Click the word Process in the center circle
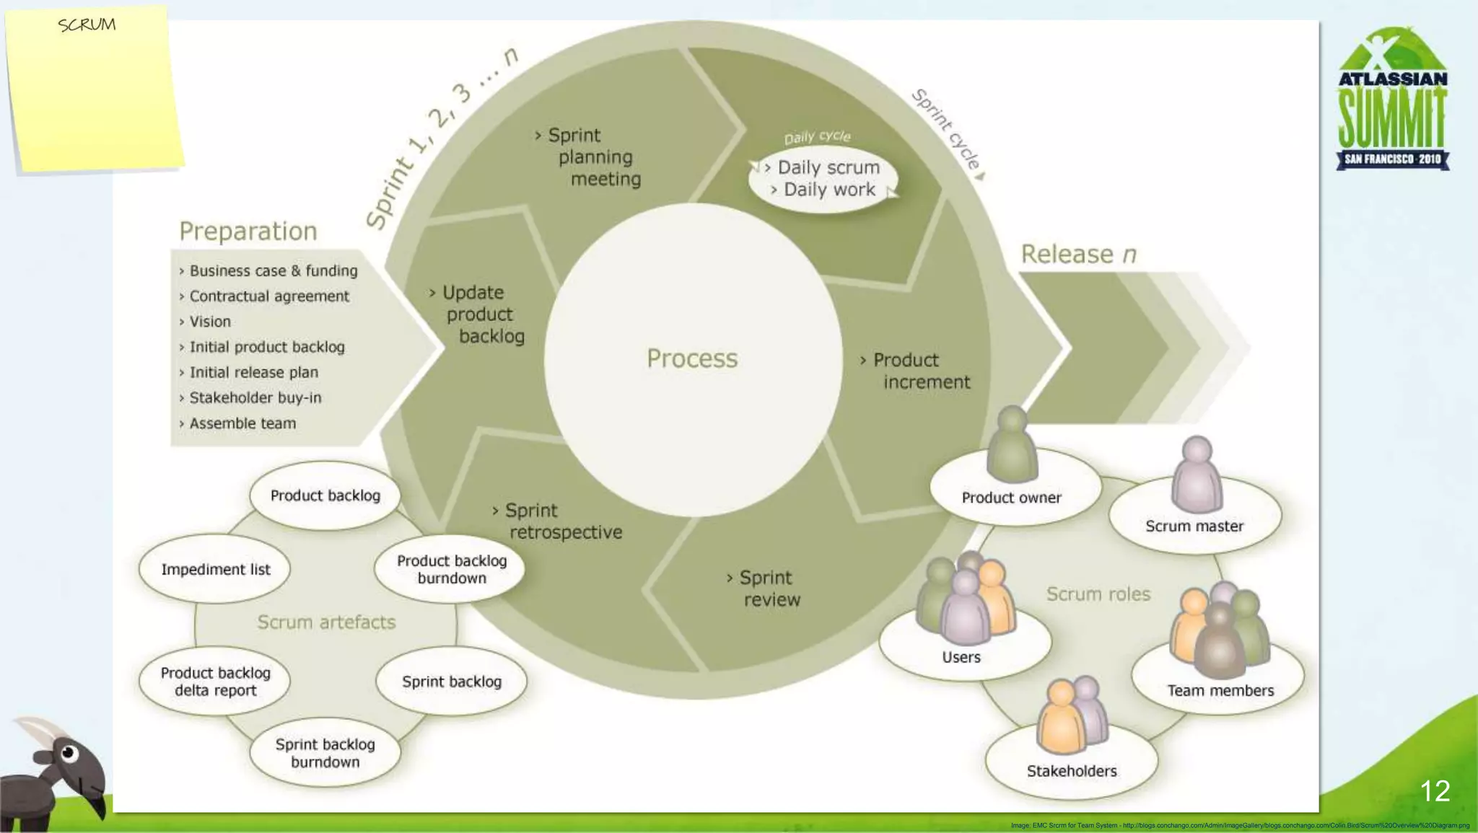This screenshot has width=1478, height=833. [x=691, y=358]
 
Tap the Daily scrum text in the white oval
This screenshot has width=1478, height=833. [x=828, y=167]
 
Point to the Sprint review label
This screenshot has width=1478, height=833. [x=767, y=589]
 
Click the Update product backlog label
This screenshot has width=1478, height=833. [x=481, y=314]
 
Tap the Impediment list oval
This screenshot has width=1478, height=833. [x=215, y=569]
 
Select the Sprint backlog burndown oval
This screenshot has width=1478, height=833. [x=325, y=753]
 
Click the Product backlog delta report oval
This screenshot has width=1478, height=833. [x=215, y=682]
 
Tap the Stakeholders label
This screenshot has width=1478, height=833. [x=1072, y=771]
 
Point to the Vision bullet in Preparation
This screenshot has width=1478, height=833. [x=210, y=322]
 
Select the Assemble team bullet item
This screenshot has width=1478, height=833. [x=242, y=423]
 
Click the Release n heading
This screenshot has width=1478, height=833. [x=1078, y=254]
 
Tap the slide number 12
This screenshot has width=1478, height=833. [x=1434, y=791]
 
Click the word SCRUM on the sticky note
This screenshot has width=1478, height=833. [x=87, y=25]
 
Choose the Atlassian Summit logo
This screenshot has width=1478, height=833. [x=1392, y=101]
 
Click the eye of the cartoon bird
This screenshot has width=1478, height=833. [x=69, y=754]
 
